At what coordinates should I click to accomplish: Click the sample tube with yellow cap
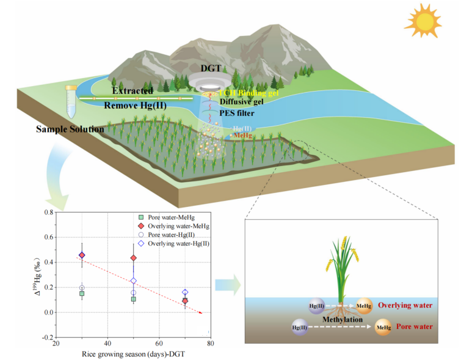pos(71,101)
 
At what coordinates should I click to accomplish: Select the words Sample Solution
pos(70,129)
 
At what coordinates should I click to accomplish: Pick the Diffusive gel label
pos(242,102)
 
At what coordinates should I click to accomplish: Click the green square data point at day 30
pos(82,294)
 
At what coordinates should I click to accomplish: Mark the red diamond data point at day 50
pos(133,258)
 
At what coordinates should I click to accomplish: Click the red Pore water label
pos(413,327)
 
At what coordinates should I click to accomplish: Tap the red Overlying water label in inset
pos(405,305)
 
